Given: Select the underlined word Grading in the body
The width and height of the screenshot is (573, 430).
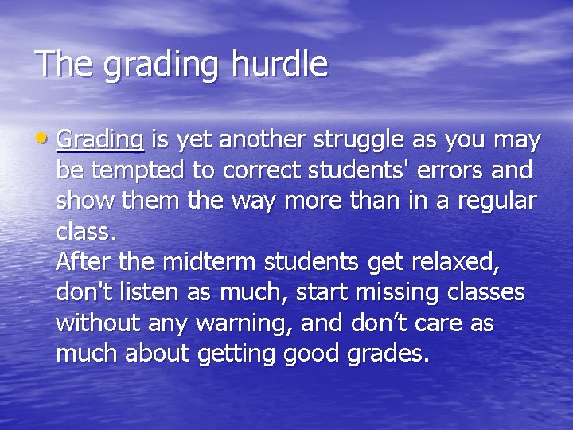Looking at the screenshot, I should [99, 141].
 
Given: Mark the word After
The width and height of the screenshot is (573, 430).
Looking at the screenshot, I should [84, 262].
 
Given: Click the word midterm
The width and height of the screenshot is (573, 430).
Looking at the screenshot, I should [202, 262].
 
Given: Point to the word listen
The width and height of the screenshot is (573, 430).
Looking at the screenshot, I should [138, 292].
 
